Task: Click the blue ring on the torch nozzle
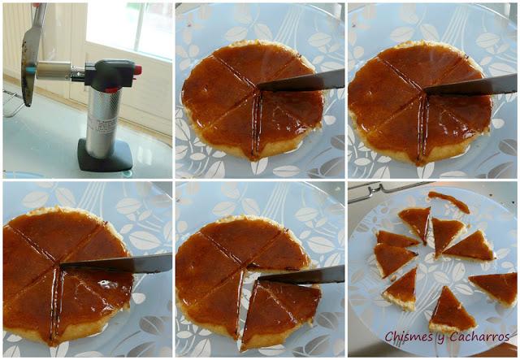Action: (x=30, y=70)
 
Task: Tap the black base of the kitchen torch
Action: (x=105, y=155)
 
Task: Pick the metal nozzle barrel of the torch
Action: (x=54, y=71)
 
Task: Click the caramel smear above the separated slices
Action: (x=449, y=202)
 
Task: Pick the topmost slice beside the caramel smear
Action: (x=415, y=223)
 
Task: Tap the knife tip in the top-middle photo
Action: (x=258, y=87)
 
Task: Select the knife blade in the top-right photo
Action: (x=471, y=85)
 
